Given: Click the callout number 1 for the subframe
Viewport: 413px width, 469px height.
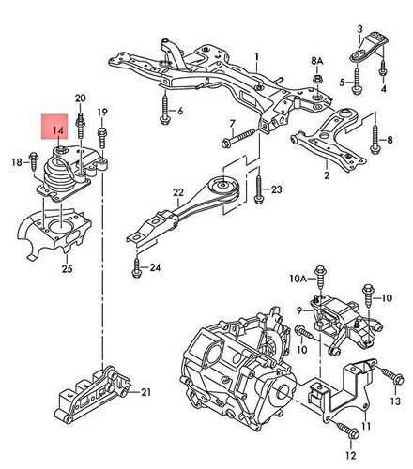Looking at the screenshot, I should [x=253, y=56].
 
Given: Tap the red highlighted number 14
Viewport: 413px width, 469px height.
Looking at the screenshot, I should [x=56, y=128].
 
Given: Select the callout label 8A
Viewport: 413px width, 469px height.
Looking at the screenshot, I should [x=316, y=61].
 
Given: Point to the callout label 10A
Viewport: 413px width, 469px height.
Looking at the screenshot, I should [x=297, y=279].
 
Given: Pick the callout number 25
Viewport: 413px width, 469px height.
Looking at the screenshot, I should [x=65, y=271].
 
